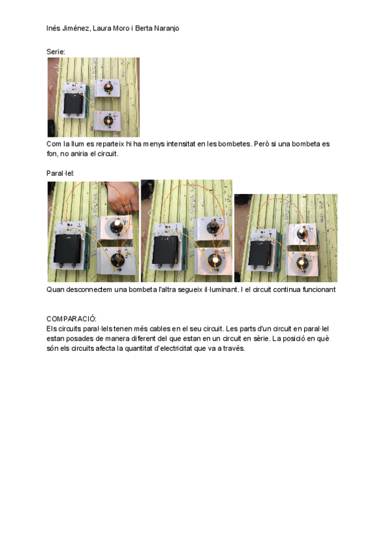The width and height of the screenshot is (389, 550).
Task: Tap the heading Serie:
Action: click(x=56, y=51)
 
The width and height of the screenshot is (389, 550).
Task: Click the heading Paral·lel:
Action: click(x=60, y=173)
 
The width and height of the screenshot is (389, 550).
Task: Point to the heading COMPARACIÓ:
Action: click(x=71, y=319)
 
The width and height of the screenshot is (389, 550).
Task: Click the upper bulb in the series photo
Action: click(x=107, y=86)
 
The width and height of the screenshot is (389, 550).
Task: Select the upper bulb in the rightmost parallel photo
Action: click(x=302, y=232)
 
